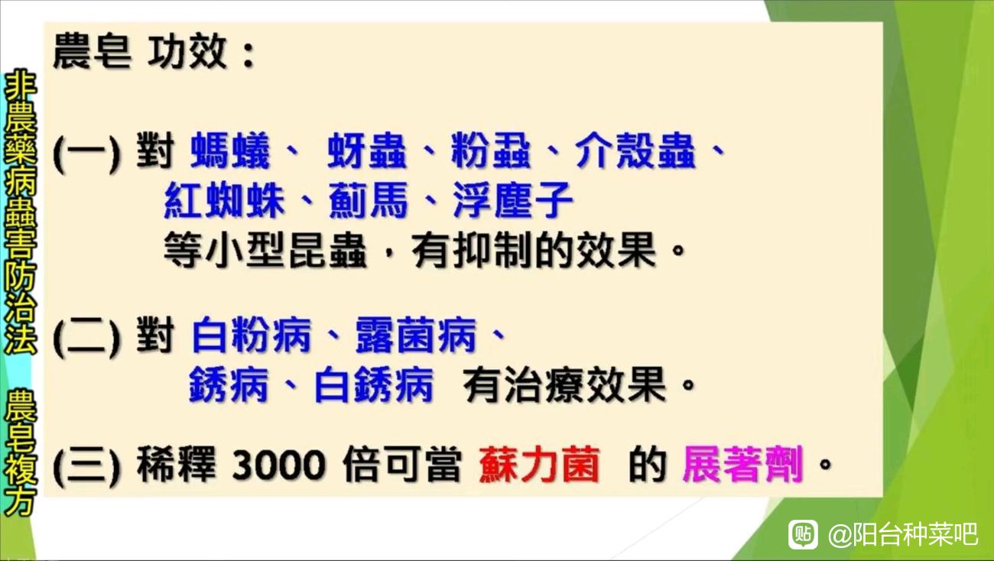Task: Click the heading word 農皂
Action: (x=93, y=52)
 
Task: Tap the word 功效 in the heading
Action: (x=187, y=52)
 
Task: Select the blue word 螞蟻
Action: (x=230, y=151)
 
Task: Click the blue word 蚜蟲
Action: (x=367, y=151)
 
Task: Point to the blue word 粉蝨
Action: (x=491, y=151)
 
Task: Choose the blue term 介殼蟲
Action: (x=635, y=151)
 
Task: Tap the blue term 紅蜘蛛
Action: (x=224, y=200)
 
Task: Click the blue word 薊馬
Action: (x=369, y=200)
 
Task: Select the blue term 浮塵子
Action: (x=513, y=200)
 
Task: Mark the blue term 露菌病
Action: (x=416, y=335)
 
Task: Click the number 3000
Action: (x=278, y=465)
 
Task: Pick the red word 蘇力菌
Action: (x=540, y=465)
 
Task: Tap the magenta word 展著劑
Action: (x=743, y=465)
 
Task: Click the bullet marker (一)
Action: (x=87, y=152)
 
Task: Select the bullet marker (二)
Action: (x=87, y=336)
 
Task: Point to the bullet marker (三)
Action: (x=87, y=465)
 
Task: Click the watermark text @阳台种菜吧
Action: (x=903, y=535)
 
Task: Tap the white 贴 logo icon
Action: (x=803, y=535)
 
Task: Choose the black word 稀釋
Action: (x=176, y=465)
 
